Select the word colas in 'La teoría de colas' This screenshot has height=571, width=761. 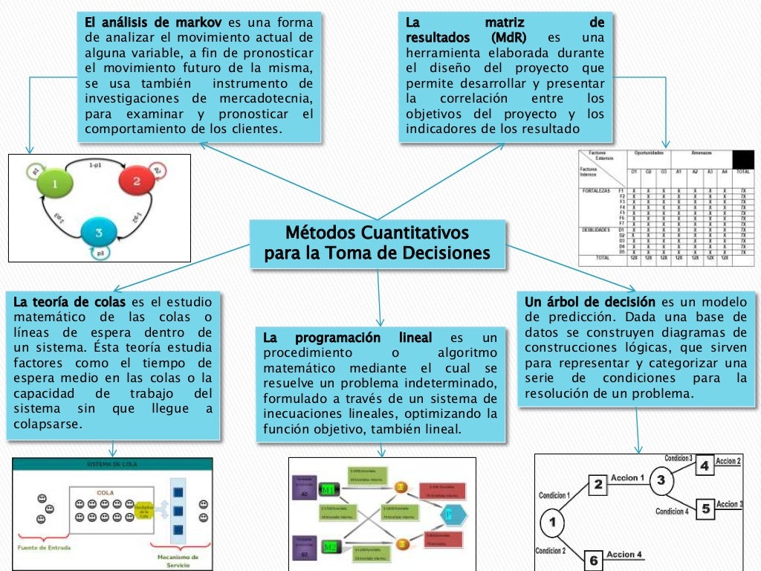[x=106, y=302]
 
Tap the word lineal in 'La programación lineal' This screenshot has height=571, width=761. [x=410, y=338]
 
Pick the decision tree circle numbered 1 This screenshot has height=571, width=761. [x=551, y=523]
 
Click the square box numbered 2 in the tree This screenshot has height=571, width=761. [x=598, y=485]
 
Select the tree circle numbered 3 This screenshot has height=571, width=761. [x=661, y=480]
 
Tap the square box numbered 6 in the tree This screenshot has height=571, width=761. [x=592, y=560]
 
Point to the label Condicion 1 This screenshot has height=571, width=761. [x=554, y=495]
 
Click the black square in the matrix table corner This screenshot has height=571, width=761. [x=742, y=160]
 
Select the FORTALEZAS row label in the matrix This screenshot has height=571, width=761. [x=595, y=191]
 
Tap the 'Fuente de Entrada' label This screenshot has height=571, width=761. [x=44, y=548]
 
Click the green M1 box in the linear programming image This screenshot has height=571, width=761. [x=328, y=488]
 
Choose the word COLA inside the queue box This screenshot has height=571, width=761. [x=106, y=491]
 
